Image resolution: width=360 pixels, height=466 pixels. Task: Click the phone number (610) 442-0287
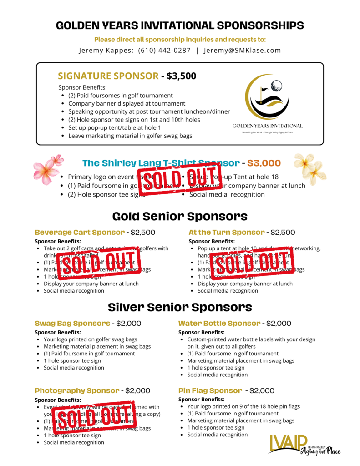pos(164,51)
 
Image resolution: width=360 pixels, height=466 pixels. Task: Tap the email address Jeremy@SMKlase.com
pos(242,51)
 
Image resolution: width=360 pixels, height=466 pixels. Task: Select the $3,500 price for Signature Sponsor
pos(181,76)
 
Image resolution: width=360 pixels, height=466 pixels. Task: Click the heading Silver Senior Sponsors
pos(180,307)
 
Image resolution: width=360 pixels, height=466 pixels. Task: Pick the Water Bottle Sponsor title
pos(219,324)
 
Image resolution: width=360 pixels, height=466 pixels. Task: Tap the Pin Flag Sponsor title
pos(210,390)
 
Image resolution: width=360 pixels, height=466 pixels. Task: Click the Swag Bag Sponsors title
pos(72,324)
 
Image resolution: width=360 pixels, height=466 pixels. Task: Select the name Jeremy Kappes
pos(106,51)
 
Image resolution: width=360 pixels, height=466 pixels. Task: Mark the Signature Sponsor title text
pos(108,76)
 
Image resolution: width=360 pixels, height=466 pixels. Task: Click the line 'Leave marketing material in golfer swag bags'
pos(130,136)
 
